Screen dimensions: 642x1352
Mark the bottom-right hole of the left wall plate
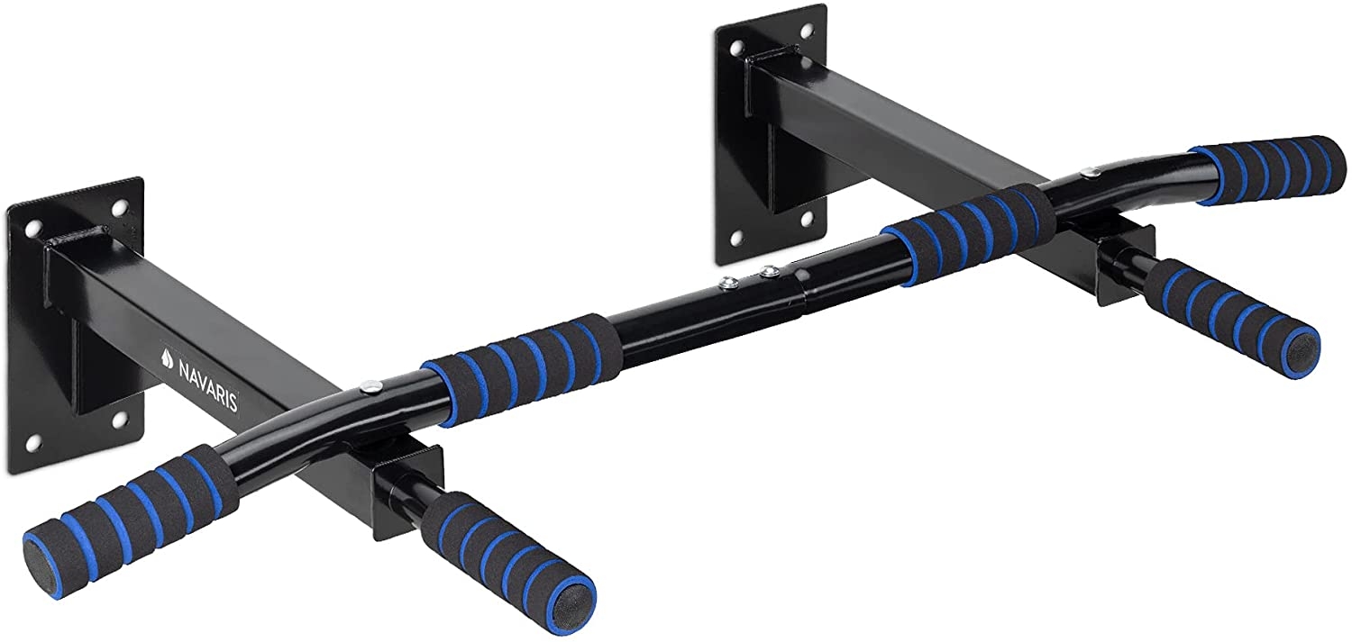pyautogui.click(x=118, y=420)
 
